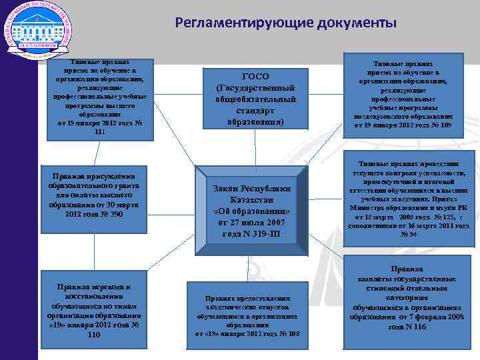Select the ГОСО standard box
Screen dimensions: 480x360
click(255, 99)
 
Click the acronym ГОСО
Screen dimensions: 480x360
click(255, 76)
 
